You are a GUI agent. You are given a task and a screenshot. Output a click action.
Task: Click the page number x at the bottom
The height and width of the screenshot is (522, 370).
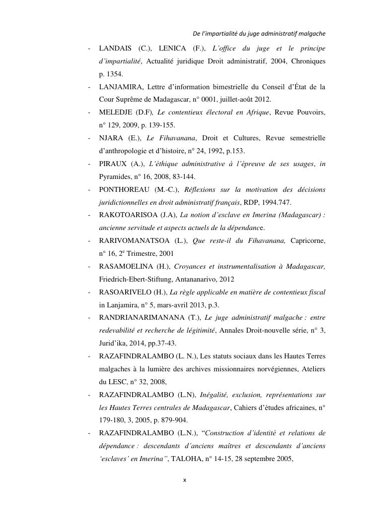185,480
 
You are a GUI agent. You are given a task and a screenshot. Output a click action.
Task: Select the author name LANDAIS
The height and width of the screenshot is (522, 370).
115,49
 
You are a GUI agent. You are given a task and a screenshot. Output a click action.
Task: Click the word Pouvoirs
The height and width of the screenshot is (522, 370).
310,113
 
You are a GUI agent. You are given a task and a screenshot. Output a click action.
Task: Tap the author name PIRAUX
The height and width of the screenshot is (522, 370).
114,164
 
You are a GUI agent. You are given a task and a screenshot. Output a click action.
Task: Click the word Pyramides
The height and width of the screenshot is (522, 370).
116,177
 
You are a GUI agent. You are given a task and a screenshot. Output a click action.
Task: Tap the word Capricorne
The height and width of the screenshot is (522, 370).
307,241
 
